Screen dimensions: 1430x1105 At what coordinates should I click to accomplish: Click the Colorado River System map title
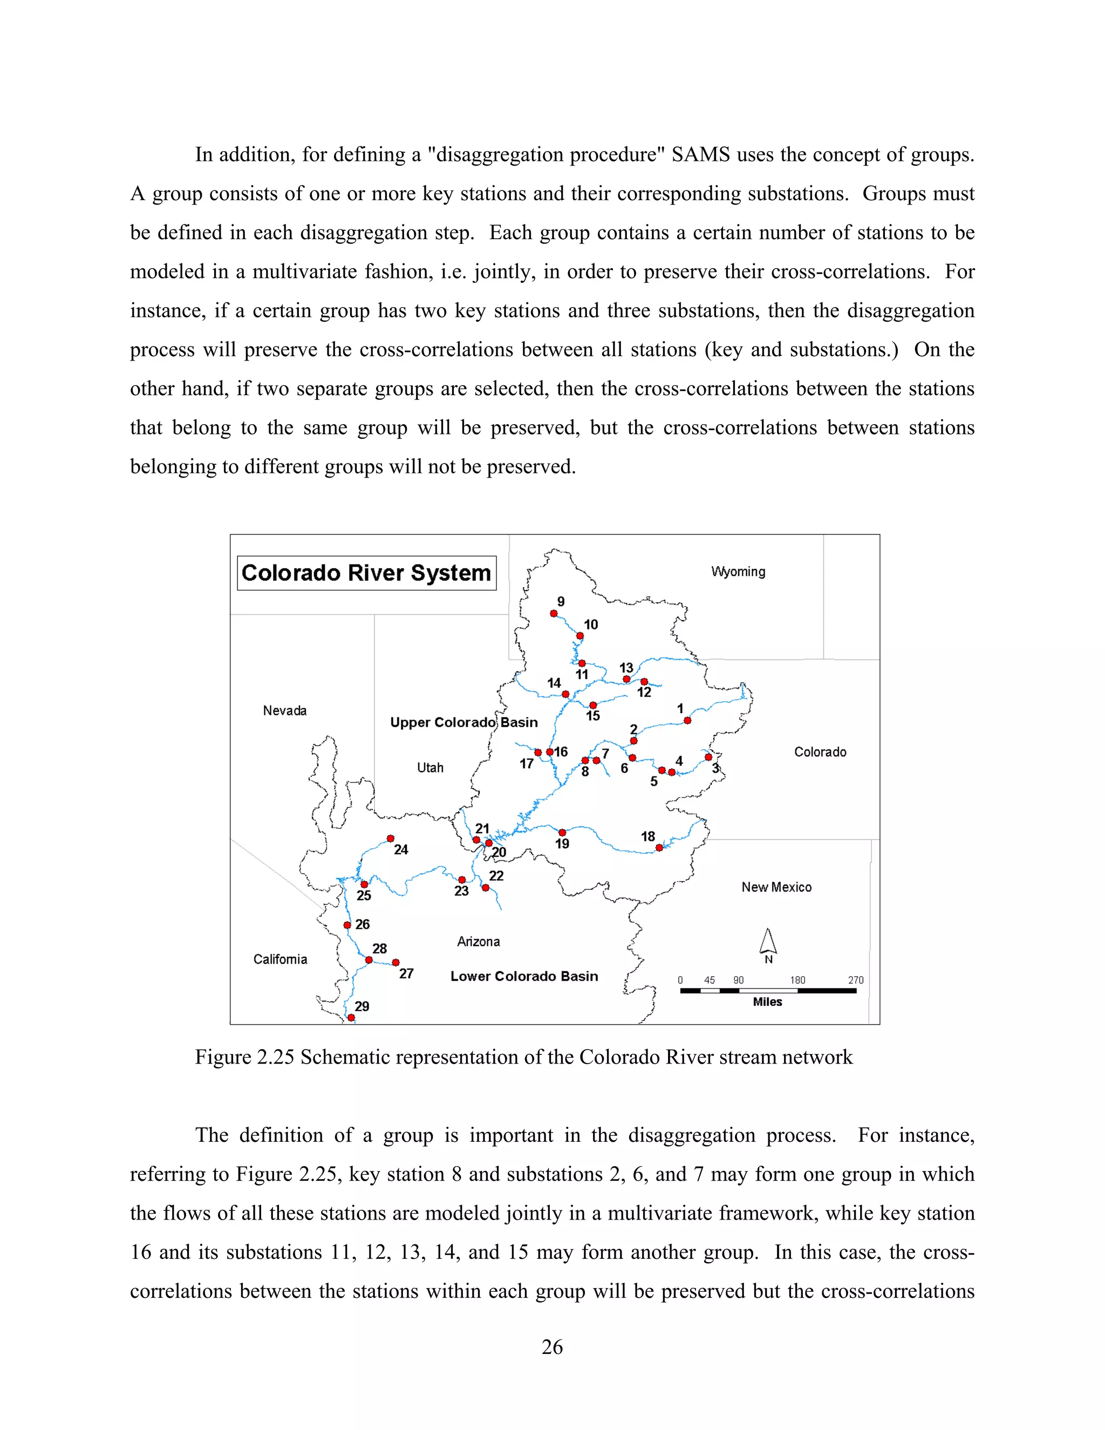pos(366,573)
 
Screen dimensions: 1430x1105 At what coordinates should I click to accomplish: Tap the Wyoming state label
pos(738,571)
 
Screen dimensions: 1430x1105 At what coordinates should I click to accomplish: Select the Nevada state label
pos(284,711)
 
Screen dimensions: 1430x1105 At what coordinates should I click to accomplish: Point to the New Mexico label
pos(776,887)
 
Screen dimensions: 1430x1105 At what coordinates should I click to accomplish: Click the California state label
pos(279,959)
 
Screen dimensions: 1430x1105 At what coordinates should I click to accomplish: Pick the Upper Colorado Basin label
pos(463,722)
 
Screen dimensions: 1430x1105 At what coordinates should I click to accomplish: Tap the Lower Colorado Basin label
pos(524,976)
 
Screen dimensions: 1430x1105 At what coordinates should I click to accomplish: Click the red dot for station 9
pos(554,614)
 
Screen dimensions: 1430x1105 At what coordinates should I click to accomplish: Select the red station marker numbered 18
pos(659,848)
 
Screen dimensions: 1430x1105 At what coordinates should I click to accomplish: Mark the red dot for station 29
pos(351,1018)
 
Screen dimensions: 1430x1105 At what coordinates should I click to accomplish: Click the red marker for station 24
pos(390,838)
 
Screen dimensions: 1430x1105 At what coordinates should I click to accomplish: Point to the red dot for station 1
pos(687,720)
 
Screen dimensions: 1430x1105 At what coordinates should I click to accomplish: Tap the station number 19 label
pos(562,844)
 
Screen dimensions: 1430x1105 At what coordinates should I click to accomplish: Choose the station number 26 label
pos(363,924)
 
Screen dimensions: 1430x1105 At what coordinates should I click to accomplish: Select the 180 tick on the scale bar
pos(797,980)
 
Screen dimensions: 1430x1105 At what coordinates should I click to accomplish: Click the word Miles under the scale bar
pos(767,1002)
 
